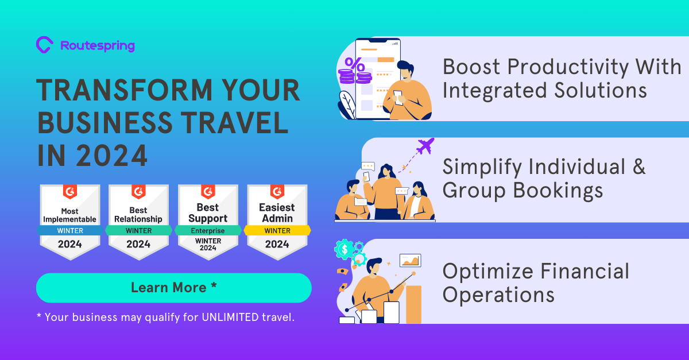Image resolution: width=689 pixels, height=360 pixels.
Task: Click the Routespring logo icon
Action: [x=45, y=45]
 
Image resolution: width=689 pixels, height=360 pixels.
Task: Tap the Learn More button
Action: [x=174, y=288]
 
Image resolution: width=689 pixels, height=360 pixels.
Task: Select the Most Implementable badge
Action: [x=70, y=222]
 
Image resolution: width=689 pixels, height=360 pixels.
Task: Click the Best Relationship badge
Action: [x=138, y=222]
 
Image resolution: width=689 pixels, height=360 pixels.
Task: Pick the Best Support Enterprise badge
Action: [x=208, y=222]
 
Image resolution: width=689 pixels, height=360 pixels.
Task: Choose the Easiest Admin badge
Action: [x=277, y=222]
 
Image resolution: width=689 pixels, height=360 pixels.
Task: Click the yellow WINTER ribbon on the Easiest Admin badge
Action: [x=277, y=230]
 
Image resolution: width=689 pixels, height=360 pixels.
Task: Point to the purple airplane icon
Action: [x=425, y=146]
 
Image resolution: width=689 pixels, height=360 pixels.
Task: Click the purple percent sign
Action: [x=355, y=64]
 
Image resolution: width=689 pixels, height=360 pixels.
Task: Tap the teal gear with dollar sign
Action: [x=344, y=249]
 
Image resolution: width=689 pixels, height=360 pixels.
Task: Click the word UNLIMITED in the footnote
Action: [x=230, y=318]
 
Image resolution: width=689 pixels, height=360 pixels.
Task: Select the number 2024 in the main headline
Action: [x=111, y=156]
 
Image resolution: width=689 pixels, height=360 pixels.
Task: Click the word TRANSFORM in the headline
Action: [x=125, y=90]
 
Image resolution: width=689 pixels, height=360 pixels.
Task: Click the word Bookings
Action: [x=558, y=191]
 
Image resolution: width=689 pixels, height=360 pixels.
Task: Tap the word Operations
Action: [x=498, y=295]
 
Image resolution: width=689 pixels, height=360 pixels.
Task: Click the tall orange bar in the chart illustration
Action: [x=414, y=304]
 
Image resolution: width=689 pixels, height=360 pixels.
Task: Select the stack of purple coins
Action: [x=355, y=76]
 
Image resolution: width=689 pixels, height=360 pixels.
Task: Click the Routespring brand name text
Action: [x=98, y=46]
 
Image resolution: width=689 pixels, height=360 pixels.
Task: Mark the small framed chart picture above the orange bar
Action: [x=410, y=260]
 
